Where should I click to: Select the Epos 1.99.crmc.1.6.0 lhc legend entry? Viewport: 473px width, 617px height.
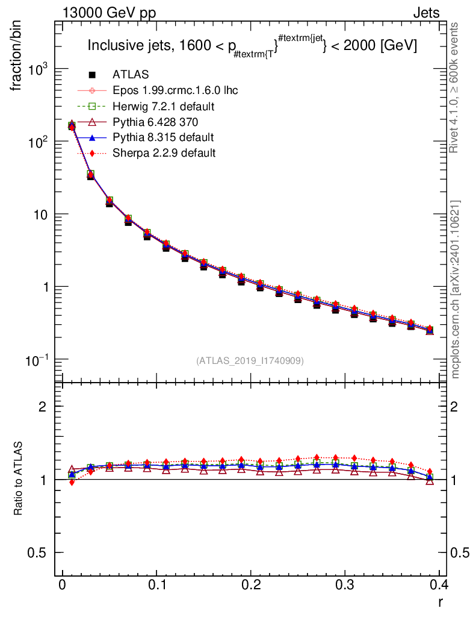[x=175, y=90]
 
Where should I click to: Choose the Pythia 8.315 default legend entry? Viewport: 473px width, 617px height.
[x=162, y=137]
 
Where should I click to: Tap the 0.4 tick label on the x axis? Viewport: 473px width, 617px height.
[x=440, y=585]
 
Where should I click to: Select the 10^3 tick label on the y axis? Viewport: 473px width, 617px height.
[x=37, y=69]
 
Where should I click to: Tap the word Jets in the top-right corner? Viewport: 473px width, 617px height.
[x=426, y=13]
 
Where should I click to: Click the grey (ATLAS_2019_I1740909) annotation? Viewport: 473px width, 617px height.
[x=250, y=360]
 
